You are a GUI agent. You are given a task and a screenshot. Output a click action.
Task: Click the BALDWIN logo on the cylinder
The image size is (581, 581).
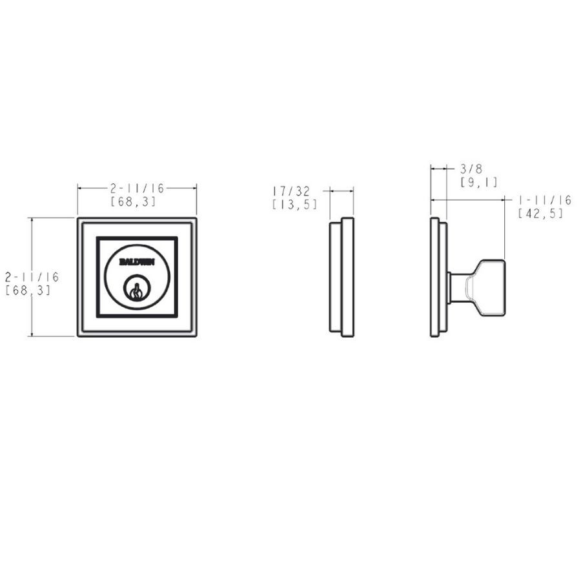(x=137, y=262)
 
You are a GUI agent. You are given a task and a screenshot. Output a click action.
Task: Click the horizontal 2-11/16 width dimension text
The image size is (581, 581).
(x=137, y=189)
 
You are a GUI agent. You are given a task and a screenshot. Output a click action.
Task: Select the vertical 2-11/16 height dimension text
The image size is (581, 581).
(x=32, y=276)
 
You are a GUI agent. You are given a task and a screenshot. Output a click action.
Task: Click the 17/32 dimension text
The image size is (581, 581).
(x=291, y=191)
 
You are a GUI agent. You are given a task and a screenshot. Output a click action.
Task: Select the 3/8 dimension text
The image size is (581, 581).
(x=471, y=169)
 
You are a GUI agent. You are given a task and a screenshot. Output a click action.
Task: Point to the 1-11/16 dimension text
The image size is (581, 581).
(x=545, y=201)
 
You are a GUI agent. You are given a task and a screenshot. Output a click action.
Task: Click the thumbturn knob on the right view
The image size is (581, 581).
(x=485, y=288)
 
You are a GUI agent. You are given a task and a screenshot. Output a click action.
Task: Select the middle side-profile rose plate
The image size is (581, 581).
(x=341, y=277)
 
